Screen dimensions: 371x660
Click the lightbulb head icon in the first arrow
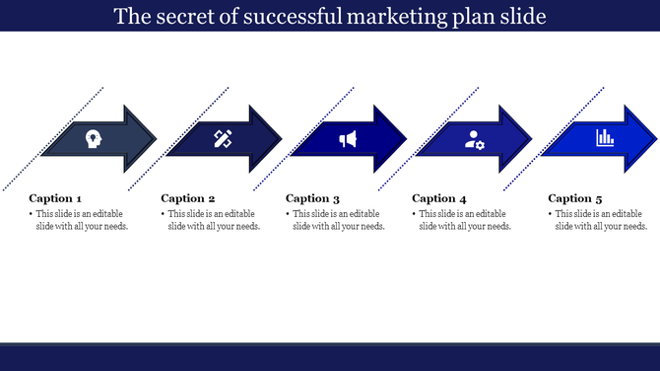[94, 139]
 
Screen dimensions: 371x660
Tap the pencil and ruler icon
[222, 139]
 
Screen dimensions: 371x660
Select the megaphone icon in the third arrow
[348, 139]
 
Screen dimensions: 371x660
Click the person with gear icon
[475, 139]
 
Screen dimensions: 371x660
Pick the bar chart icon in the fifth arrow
[605, 139]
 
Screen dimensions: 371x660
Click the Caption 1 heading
[55, 198]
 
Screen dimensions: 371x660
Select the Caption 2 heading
[187, 198]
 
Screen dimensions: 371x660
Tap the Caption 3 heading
[312, 198]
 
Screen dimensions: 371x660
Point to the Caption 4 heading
[439, 198]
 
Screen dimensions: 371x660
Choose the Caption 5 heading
[575, 198]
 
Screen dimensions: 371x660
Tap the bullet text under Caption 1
[81, 220]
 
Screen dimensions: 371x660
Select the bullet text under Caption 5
[601, 220]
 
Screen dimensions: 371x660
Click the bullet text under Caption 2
[213, 220]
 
